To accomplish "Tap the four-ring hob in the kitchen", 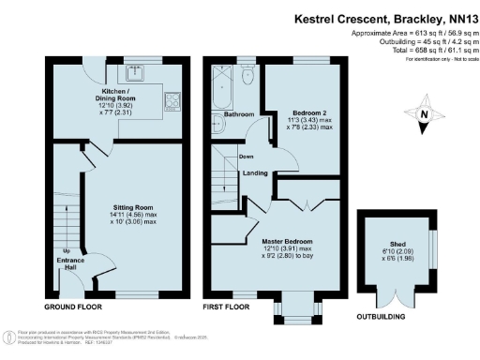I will tap(172, 97).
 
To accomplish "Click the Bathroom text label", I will tap(239, 116).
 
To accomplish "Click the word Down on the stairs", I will tap(246, 157).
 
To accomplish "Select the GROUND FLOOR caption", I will tap(73, 307).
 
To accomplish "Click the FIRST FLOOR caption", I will tap(231, 307).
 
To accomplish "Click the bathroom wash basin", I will tap(218, 128).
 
